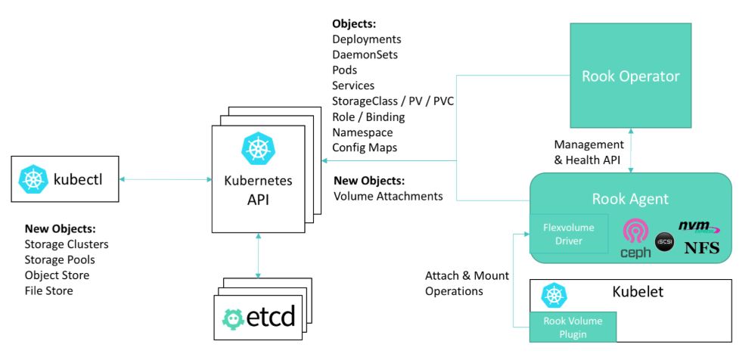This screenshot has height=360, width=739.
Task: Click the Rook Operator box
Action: coord(630,76)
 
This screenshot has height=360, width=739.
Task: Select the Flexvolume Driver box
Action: coord(567,233)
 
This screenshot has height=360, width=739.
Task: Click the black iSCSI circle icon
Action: coord(664,241)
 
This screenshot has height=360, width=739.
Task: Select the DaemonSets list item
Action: coord(365,54)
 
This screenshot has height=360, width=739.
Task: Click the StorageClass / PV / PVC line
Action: coord(393,101)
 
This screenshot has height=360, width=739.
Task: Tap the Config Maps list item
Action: coord(365,147)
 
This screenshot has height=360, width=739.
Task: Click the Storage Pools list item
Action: coord(60,259)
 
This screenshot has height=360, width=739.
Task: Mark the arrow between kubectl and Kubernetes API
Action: coord(166,179)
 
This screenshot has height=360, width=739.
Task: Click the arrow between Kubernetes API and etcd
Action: coord(259,258)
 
